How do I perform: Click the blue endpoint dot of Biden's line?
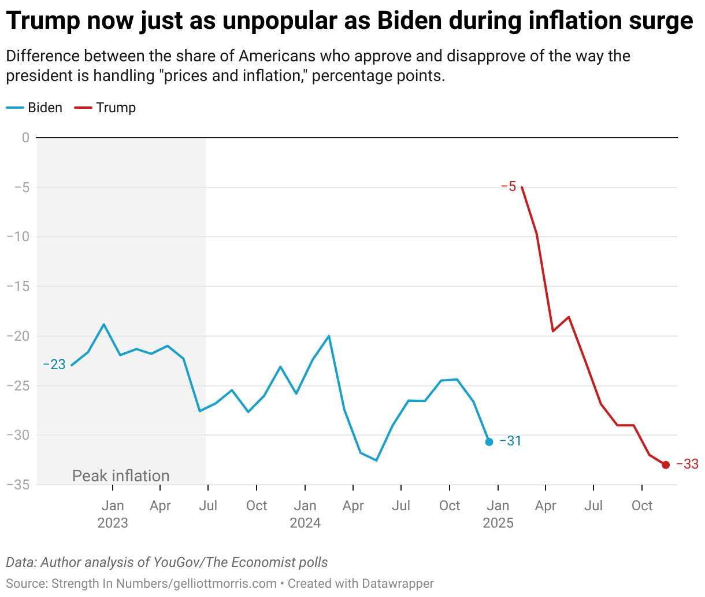[x=489, y=442]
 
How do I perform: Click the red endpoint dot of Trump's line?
[x=666, y=465]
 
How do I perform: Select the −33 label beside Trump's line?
[x=687, y=464]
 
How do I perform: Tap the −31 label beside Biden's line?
[x=510, y=441]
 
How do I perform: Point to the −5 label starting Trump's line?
[x=509, y=186]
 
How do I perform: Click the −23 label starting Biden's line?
[x=54, y=365]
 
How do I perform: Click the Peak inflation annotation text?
[x=121, y=476]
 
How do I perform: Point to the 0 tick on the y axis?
[x=25, y=138]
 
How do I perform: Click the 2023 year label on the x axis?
[x=113, y=523]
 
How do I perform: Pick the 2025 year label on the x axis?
[x=498, y=523]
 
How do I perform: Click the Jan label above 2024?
[x=305, y=506]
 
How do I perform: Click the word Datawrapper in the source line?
[x=398, y=584]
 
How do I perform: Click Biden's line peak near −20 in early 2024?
[x=329, y=336]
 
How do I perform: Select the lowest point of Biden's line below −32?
[x=376, y=460]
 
